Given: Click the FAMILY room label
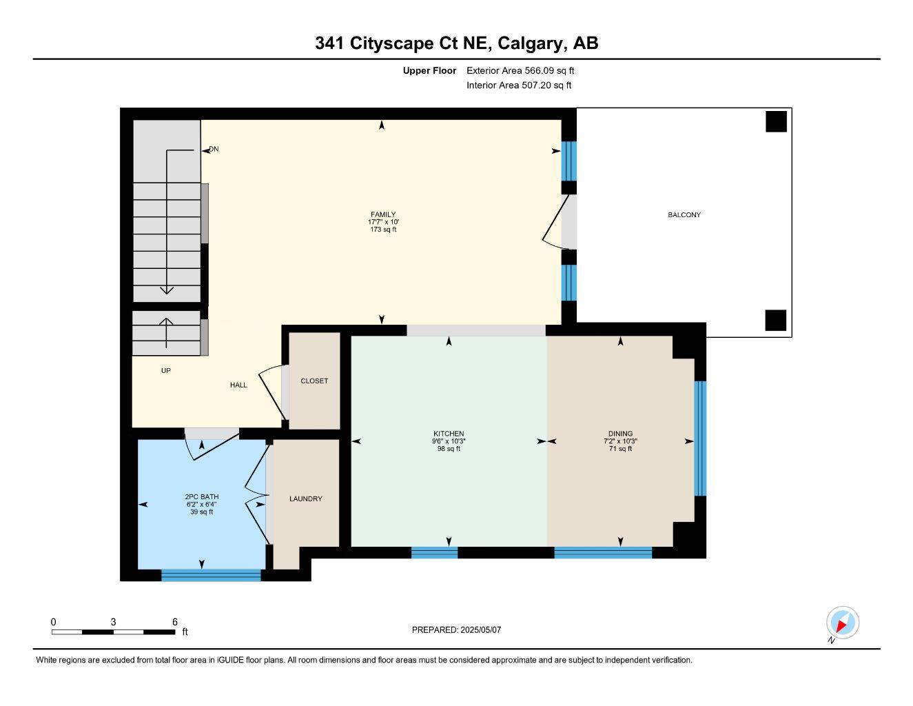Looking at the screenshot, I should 382,214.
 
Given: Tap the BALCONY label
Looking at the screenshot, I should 684,215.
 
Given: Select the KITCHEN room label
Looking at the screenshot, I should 449,434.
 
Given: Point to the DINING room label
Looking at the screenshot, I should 620,434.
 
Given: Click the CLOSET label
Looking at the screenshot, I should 314,381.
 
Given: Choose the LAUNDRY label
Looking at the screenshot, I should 305,498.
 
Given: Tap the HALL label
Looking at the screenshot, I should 238,385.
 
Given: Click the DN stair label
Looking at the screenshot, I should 214,149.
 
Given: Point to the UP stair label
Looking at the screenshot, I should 165,371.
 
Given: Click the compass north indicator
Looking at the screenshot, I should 842,623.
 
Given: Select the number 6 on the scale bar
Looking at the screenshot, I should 175,621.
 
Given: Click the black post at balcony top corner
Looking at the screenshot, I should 776,121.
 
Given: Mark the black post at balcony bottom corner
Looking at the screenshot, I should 776,321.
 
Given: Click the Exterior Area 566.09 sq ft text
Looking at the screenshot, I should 520,70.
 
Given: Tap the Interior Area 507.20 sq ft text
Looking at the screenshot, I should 519,85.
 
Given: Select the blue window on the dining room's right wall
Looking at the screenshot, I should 700,438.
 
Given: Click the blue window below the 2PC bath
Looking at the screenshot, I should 211,575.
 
